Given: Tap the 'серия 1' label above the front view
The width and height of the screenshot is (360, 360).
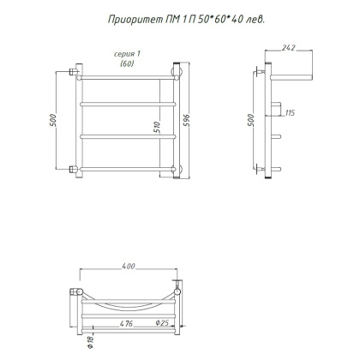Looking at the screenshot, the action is tap(127, 54).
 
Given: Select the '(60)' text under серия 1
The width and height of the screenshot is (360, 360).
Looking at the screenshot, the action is tap(127, 63).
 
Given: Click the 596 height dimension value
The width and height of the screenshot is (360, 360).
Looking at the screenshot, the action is tap(186, 121).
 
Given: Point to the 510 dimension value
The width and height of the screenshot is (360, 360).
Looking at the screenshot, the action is tap(157, 128).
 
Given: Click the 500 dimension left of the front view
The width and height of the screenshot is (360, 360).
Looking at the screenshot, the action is tap(53, 120).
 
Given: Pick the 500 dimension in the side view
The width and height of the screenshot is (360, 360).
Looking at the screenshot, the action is tap(250, 120).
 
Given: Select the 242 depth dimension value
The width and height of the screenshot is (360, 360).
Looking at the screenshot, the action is tap(288, 47).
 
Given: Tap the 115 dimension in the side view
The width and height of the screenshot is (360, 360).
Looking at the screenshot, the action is tap(290, 113).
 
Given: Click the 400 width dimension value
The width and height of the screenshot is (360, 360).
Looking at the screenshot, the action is tap(129, 266).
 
